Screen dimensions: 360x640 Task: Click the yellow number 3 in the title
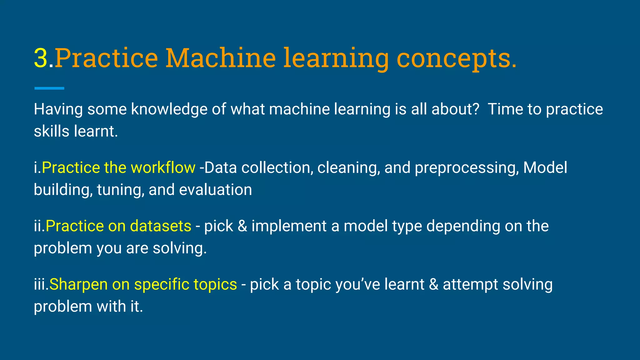click(x=41, y=58)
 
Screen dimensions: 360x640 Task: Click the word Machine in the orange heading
click(x=220, y=58)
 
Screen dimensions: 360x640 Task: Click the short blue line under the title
click(x=49, y=88)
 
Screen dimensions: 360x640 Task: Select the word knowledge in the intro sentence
click(x=169, y=110)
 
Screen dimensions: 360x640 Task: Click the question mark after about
click(x=476, y=109)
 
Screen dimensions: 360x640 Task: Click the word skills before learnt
click(x=51, y=131)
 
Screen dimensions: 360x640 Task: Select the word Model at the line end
click(x=545, y=168)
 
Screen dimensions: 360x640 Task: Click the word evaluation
click(x=215, y=190)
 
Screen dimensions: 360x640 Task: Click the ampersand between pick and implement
click(x=242, y=226)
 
